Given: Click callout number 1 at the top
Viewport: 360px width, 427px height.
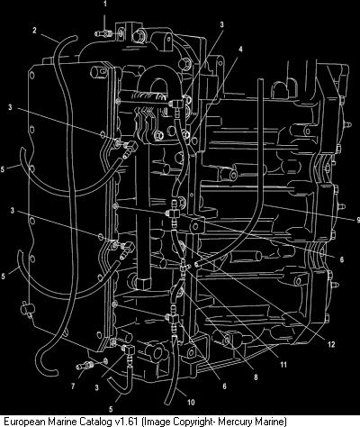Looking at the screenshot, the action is coord(104,4).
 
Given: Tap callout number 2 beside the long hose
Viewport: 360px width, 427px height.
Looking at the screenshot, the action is coord(34,31).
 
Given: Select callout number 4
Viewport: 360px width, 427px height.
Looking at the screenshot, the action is coord(240,50).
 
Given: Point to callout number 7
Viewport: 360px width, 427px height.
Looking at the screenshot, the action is coord(73,386).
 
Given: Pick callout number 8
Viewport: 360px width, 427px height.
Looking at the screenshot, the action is coord(256,377).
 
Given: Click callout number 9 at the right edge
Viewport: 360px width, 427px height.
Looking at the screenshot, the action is coord(358,220).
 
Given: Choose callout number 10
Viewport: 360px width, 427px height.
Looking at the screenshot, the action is coord(191,402).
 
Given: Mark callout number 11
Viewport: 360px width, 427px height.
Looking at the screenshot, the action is coord(283,365).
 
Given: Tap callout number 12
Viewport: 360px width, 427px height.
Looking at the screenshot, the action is coord(331,344).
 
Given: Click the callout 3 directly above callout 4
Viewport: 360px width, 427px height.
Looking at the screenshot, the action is coord(221,24).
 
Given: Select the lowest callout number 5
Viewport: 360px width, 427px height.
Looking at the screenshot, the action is coord(111,409).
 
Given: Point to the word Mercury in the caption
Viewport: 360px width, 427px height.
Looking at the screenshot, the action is coord(230,422).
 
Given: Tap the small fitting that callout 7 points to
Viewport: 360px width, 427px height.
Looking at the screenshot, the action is coord(85,366).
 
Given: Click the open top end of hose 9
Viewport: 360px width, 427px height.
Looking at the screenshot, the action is coord(260,80).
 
